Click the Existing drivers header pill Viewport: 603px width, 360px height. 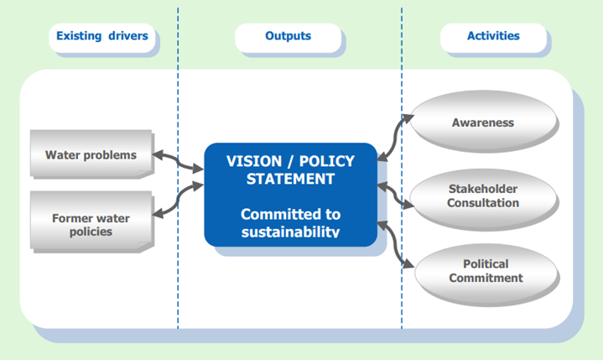(102, 38)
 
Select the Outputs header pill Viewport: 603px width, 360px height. (288, 38)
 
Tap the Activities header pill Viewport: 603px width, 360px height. (493, 38)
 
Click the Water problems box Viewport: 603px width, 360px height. (91, 154)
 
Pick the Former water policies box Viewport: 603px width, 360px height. (91, 221)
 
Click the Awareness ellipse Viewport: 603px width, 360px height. (483, 120)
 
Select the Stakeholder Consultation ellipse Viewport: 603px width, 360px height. (483, 198)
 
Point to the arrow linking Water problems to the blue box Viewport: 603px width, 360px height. (178, 161)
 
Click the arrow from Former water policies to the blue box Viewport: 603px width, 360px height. (178, 199)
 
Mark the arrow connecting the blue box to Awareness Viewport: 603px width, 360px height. (395, 138)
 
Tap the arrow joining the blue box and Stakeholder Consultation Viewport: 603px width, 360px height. (395, 196)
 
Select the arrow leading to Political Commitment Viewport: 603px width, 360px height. (395, 244)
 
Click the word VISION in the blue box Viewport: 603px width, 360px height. (254, 161)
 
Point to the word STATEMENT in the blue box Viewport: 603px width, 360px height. (290, 179)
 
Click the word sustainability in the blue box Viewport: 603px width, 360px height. (290, 232)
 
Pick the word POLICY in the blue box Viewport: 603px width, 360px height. (327, 161)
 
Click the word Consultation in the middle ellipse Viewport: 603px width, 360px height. (483, 203)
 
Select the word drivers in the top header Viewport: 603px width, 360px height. (128, 36)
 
